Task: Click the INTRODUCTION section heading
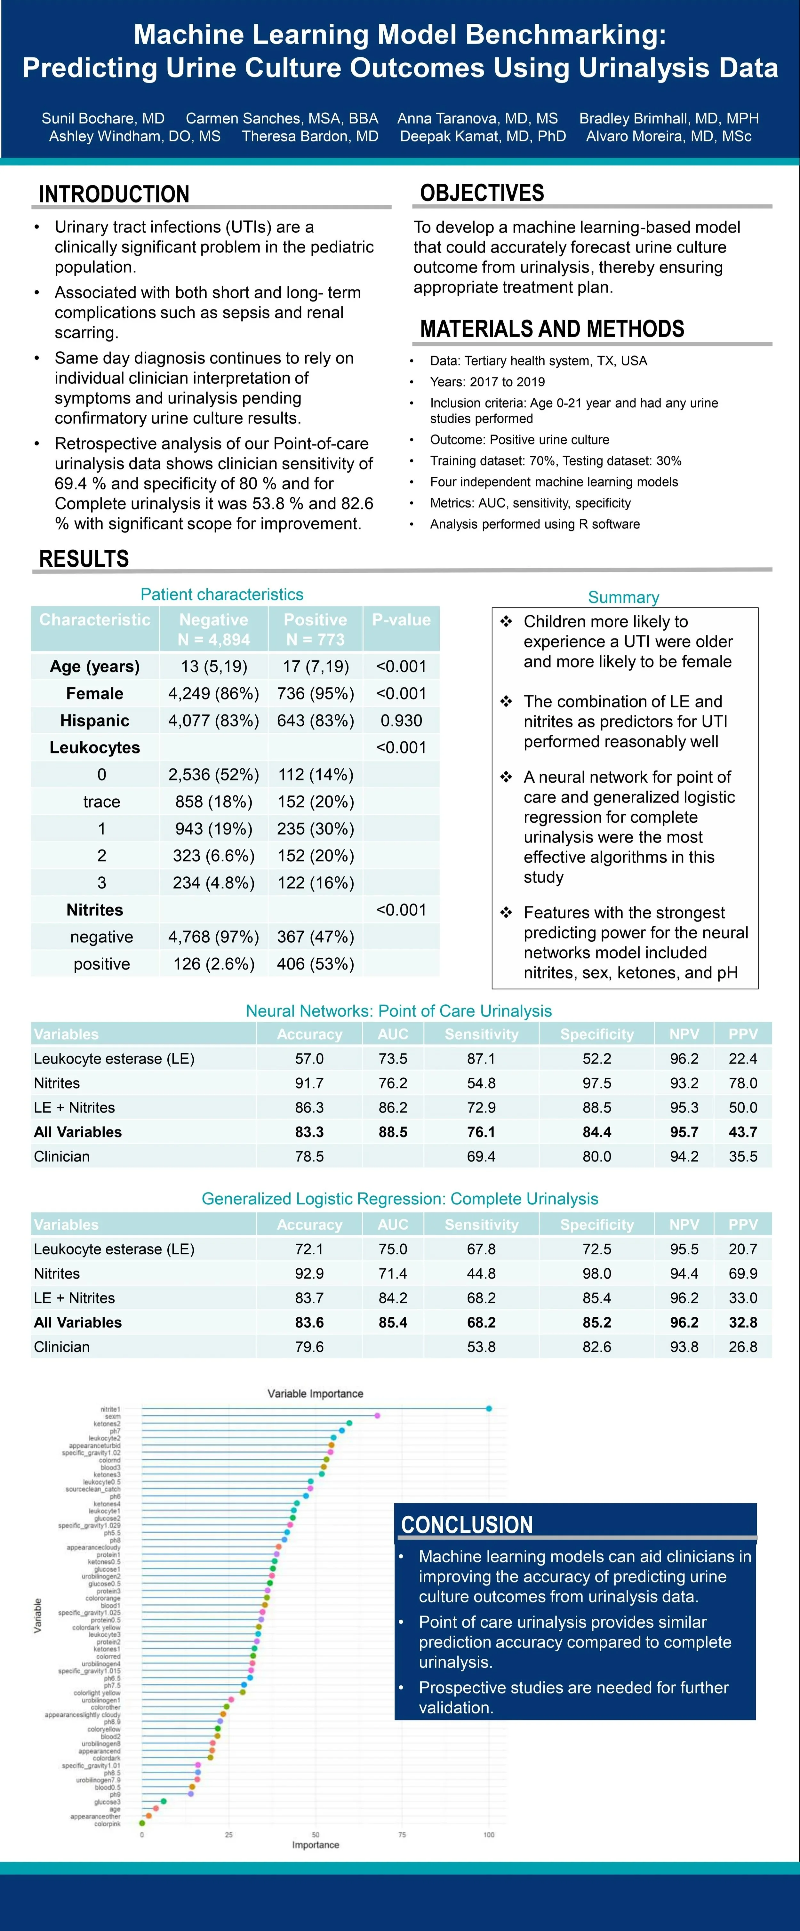(114, 194)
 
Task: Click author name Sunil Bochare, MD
(103, 118)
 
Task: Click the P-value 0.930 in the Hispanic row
(401, 720)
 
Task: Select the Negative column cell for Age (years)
(214, 666)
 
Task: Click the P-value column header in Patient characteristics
(401, 620)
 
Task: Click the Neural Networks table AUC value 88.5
(393, 1132)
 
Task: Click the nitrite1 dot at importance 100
(489, 1408)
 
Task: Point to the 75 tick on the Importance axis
(402, 1834)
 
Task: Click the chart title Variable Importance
(315, 1393)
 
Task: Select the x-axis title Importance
(315, 1845)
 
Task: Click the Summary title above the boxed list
(623, 597)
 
